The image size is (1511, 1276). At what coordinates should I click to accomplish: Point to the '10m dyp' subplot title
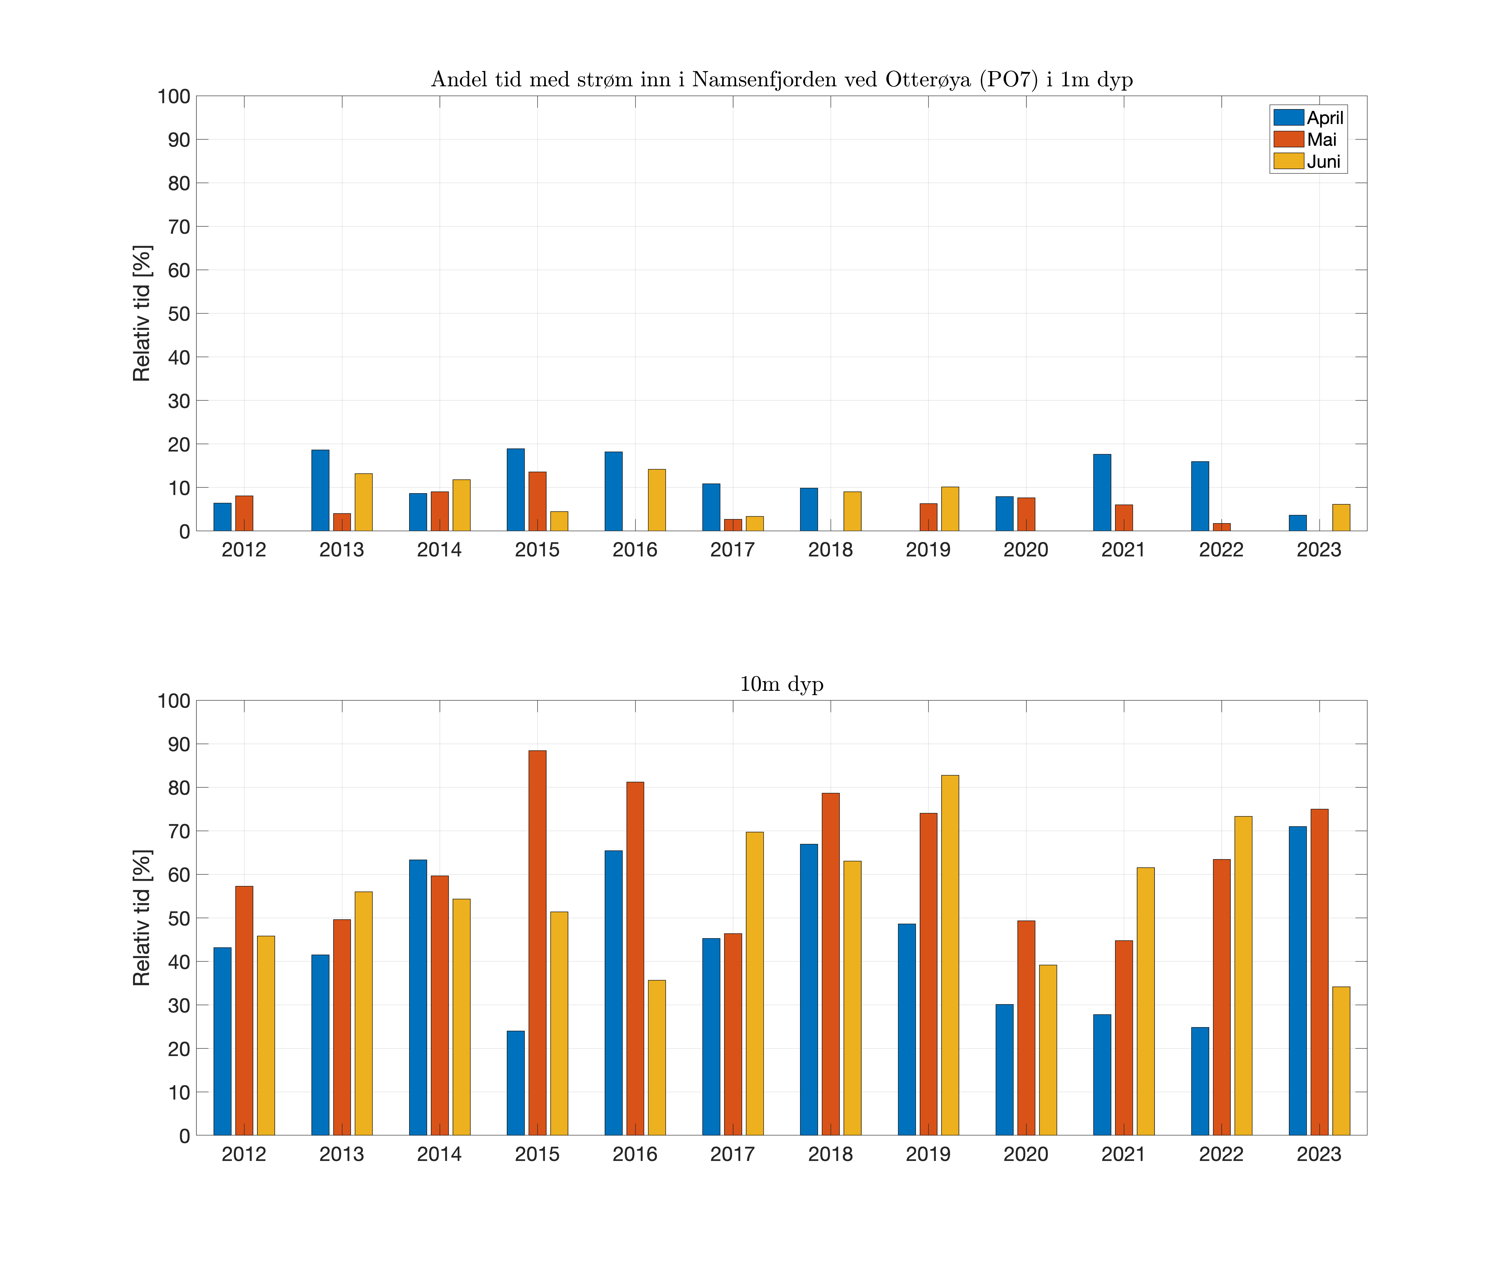coord(781,684)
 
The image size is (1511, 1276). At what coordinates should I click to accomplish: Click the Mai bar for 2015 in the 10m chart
coord(537,942)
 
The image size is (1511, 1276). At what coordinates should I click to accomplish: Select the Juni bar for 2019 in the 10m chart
coord(950,955)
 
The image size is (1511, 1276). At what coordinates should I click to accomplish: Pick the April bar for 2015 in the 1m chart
coord(516,490)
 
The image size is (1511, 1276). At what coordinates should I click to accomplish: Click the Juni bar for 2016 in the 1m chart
coord(657,500)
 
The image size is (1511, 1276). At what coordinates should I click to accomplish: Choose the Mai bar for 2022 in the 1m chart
coord(1222,527)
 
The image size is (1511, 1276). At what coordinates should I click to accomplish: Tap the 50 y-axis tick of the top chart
coord(179,314)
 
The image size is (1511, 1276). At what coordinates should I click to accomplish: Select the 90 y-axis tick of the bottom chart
coord(179,744)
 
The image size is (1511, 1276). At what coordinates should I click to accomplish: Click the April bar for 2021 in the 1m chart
coord(1102,493)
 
